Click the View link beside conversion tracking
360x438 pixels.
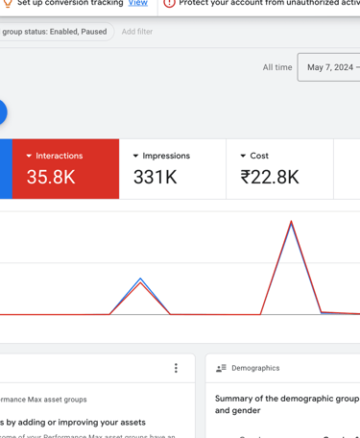pyautogui.click(x=138, y=4)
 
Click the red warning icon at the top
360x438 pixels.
pyautogui.click(x=169, y=4)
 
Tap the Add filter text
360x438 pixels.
pyautogui.click(x=137, y=32)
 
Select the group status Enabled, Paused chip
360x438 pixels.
pyautogui.click(x=55, y=32)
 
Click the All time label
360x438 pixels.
pyautogui.click(x=277, y=67)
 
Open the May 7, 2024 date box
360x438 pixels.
pyautogui.click(x=329, y=67)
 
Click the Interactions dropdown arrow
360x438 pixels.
pyautogui.click(x=29, y=156)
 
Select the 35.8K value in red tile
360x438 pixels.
pyautogui.click(x=51, y=177)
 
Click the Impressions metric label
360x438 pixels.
pyautogui.click(x=166, y=156)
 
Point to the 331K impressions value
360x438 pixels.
pyautogui.click(x=155, y=177)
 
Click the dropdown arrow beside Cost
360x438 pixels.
pyautogui.click(x=243, y=156)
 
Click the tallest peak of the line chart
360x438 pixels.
pyautogui.click(x=291, y=223)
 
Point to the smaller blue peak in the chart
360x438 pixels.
pyautogui.click(x=141, y=280)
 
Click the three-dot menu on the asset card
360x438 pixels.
pyautogui.click(x=176, y=368)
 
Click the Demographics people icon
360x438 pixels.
pyautogui.click(x=221, y=368)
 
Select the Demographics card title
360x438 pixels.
pyautogui.click(x=255, y=368)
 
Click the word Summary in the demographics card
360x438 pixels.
pyautogui.click(x=233, y=399)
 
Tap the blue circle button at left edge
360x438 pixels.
pyautogui.click(x=2, y=112)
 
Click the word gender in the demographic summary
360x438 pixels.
pyautogui.click(x=252, y=410)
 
